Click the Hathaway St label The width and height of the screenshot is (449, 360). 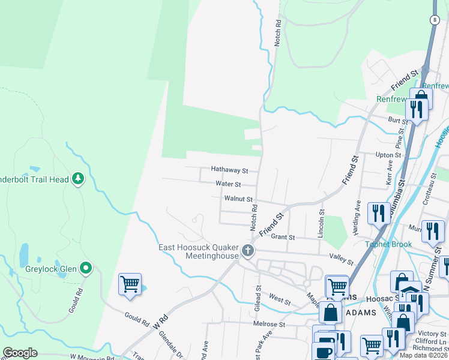(x=229, y=170)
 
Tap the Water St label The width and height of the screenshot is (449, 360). (x=228, y=184)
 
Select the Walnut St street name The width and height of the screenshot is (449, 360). (x=238, y=199)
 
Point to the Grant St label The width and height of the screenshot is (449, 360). (x=283, y=237)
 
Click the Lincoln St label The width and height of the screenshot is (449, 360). (x=321, y=222)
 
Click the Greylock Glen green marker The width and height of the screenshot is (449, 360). (x=86, y=268)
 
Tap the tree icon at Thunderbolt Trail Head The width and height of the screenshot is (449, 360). (x=77, y=178)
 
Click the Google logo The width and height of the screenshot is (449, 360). (x=20, y=353)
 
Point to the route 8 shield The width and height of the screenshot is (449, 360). (x=433, y=20)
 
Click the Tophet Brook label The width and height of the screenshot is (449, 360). (x=389, y=244)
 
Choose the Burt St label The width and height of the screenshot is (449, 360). (x=397, y=121)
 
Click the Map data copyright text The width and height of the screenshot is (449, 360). (x=424, y=355)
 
